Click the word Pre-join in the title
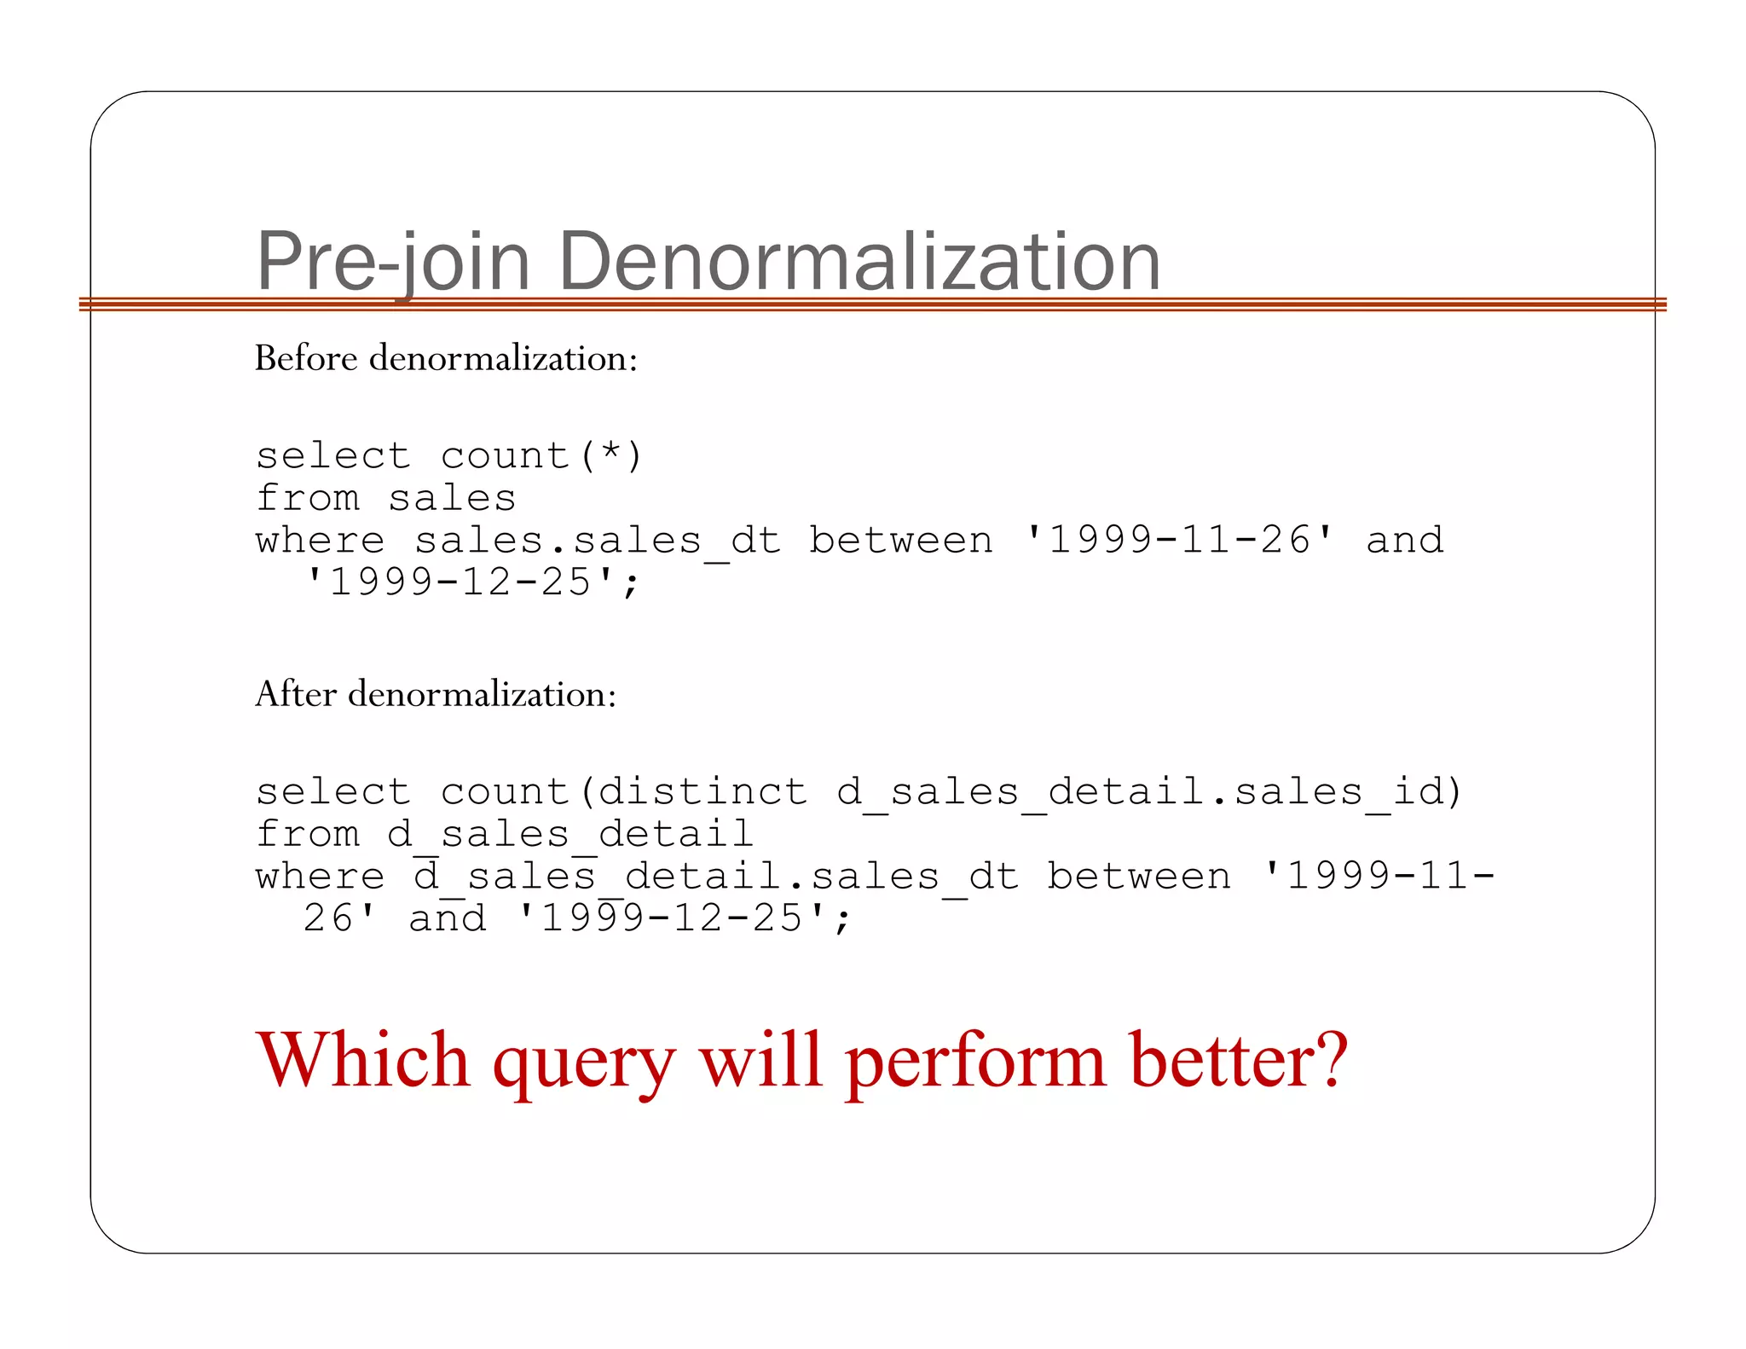tap(392, 261)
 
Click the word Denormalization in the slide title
tap(859, 261)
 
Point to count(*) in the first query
tap(541, 455)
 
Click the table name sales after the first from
tap(452, 498)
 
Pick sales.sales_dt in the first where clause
tap(597, 541)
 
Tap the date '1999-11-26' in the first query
tap(1180, 541)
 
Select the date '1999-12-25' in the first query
tap(461, 583)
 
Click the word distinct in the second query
tap(702, 791)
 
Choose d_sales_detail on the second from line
tap(569, 834)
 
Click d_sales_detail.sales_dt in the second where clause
tap(716, 877)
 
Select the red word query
tap(585, 1062)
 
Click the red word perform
tap(976, 1062)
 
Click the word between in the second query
tap(1139, 877)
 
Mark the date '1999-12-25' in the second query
tap(673, 919)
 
